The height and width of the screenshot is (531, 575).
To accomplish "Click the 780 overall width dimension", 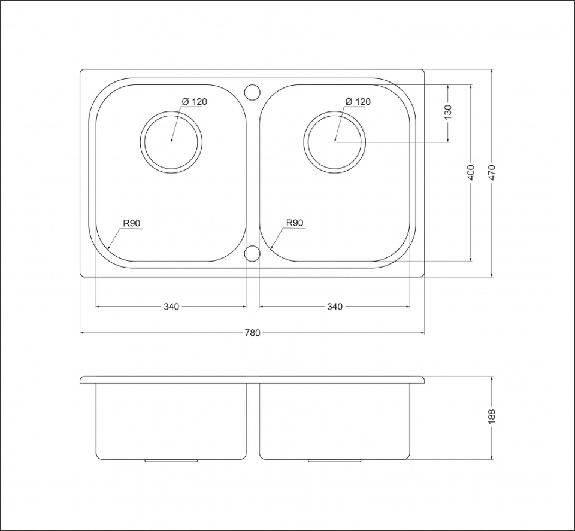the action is coord(252,333).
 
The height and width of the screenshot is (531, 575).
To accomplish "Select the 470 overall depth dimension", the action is coord(492,172).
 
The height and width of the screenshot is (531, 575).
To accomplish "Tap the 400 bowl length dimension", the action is coord(471,172).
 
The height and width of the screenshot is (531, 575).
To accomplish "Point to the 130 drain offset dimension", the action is coord(448,112).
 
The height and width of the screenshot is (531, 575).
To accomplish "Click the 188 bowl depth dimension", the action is coord(492,417).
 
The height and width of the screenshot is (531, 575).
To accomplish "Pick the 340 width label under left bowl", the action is coord(171,307).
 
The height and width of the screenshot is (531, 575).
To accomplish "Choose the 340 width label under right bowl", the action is coord(335,307).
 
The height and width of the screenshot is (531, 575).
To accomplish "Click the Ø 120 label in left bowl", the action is coord(194,102).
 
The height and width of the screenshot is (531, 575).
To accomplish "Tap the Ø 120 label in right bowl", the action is coord(358,102).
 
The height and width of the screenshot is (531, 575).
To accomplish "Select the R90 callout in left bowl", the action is coord(132,223).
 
